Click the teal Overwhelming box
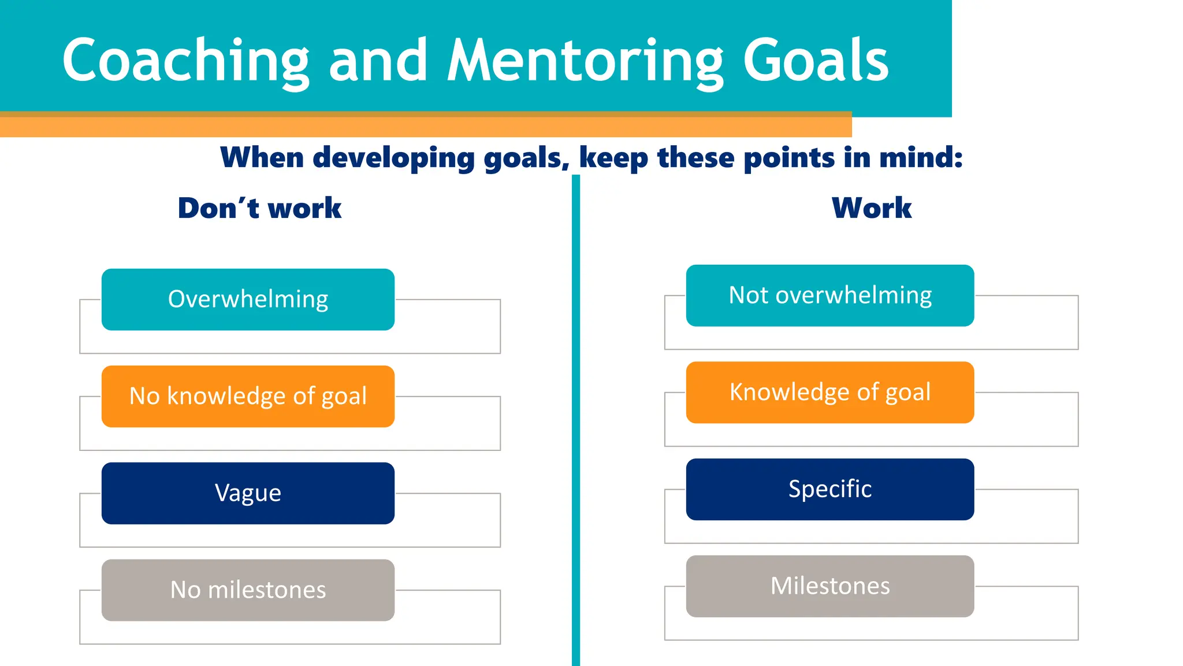pos(248,299)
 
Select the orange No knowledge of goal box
pos(248,397)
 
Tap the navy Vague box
pos(248,493)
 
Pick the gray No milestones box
pos(248,590)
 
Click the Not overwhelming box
pos(830,295)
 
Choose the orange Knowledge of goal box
pos(830,393)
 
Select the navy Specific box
pos(830,489)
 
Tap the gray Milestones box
pos(830,586)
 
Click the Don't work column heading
pos(259,208)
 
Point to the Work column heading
pos(872,208)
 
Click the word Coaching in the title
pos(186,61)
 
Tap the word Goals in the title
pos(816,61)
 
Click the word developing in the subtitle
pos(393,158)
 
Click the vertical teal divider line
pos(576,422)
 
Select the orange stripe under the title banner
pos(426,127)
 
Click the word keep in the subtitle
pos(613,158)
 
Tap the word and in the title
pos(378,61)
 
